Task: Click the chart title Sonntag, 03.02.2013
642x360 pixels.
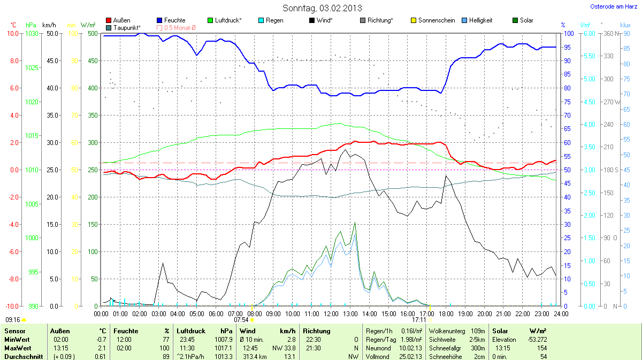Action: coord(322,8)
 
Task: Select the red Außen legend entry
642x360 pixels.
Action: coord(121,20)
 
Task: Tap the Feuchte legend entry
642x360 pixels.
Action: coord(174,20)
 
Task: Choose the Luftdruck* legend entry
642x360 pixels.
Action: coord(228,20)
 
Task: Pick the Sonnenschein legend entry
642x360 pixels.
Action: coord(436,20)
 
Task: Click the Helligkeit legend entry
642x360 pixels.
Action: coord(480,20)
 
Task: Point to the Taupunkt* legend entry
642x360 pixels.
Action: coord(127,27)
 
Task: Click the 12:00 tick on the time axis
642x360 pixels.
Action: coord(331,313)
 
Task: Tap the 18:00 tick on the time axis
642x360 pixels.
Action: coord(446,313)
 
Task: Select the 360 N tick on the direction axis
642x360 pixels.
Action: coord(608,33)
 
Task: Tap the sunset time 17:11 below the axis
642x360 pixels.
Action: coord(419,320)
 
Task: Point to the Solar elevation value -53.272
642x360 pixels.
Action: coord(535,339)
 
